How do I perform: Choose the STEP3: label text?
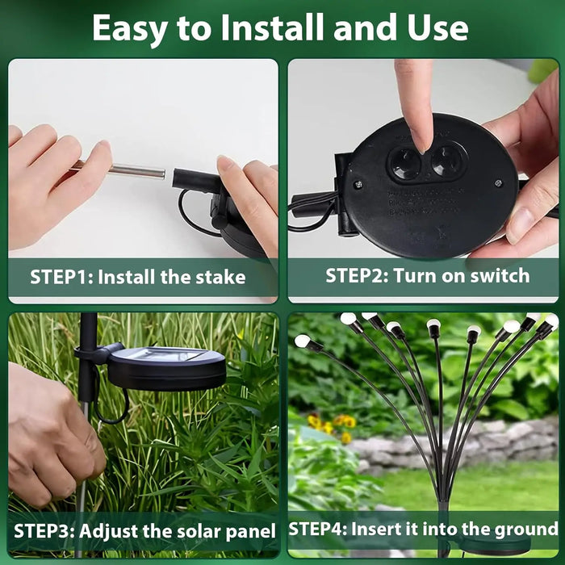(44, 530)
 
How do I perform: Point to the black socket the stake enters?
(194, 179)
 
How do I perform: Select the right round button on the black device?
(446, 161)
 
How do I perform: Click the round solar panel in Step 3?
(166, 368)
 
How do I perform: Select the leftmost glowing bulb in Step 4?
(303, 341)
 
